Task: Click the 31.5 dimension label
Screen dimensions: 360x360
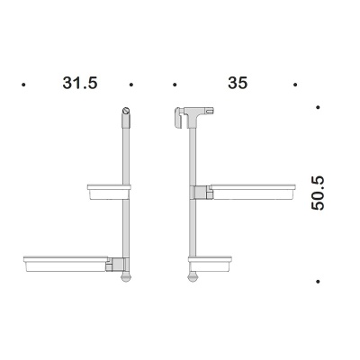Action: point(80,83)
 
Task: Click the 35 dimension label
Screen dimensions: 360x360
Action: point(238,83)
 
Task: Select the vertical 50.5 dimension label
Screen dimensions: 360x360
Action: point(318,193)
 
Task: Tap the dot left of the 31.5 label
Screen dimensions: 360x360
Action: point(23,85)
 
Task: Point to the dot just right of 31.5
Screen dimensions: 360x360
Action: point(131,85)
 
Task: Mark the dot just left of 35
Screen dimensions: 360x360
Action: point(175,85)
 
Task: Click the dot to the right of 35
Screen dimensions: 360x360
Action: point(295,85)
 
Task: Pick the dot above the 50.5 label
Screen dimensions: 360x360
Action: point(318,107)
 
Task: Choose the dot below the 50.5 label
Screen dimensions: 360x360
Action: point(318,282)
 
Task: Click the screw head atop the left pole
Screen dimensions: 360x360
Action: point(126,111)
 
